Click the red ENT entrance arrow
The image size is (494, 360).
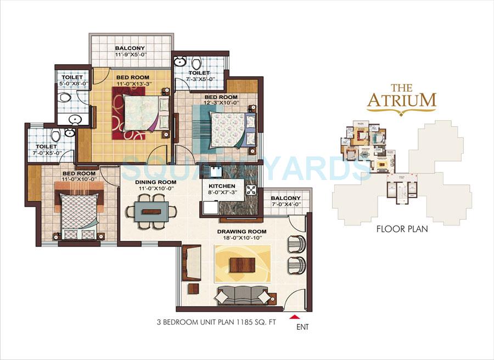(x=296, y=317)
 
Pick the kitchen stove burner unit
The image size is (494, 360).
(x=252, y=191)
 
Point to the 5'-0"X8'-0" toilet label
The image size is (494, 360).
(x=72, y=78)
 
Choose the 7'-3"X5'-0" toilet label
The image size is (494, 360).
(x=199, y=73)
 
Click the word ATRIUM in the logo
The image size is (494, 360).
(x=402, y=100)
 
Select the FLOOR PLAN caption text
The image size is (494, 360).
(x=402, y=229)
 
